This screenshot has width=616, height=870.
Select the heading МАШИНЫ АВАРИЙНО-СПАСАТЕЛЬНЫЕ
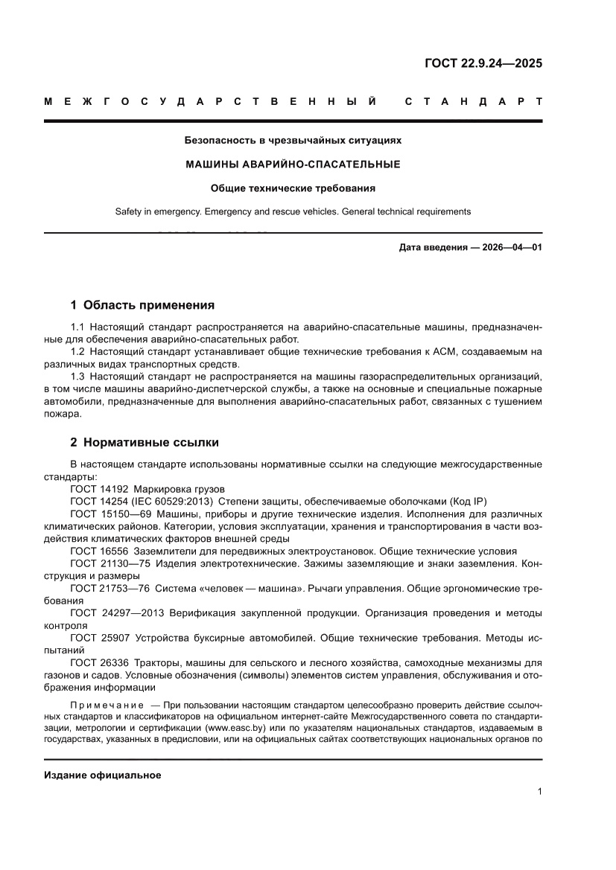click(293, 164)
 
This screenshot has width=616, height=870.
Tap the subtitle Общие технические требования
click(293, 188)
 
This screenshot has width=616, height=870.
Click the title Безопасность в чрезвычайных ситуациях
click(293, 139)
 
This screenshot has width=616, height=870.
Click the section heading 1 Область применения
click(142, 305)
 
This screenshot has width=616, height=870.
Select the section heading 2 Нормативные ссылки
click(145, 442)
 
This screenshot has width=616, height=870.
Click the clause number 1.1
click(78, 328)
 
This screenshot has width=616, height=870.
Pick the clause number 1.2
click(78, 352)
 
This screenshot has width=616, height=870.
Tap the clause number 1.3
click(78, 377)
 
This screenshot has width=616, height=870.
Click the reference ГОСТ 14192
click(99, 489)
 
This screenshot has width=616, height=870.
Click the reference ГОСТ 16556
click(99, 551)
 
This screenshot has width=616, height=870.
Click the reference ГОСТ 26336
click(99, 663)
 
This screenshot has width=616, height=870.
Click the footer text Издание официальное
click(103, 775)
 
